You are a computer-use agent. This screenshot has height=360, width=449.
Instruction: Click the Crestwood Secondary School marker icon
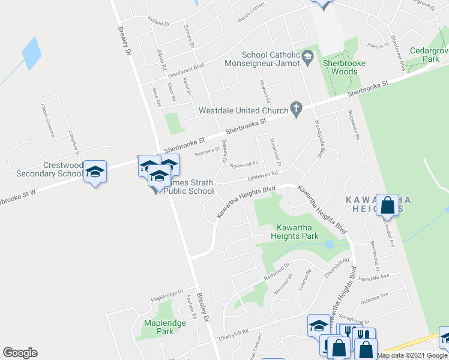click(x=95, y=172)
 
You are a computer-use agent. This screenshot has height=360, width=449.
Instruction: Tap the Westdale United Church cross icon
click(x=295, y=109)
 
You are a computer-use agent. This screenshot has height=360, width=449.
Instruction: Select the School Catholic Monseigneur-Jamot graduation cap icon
click(x=307, y=57)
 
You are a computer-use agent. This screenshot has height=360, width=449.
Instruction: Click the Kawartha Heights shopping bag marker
click(x=388, y=205)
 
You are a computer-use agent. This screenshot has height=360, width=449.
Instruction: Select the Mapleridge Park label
click(x=165, y=327)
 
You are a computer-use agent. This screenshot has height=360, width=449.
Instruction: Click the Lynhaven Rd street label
click(x=263, y=175)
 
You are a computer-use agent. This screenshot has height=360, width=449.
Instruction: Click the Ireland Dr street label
click(x=159, y=22)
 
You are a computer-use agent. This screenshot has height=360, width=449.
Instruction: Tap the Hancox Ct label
click(x=378, y=45)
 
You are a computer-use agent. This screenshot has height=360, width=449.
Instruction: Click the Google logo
click(x=20, y=353)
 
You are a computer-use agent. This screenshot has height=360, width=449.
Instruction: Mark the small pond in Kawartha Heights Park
click(x=328, y=245)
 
